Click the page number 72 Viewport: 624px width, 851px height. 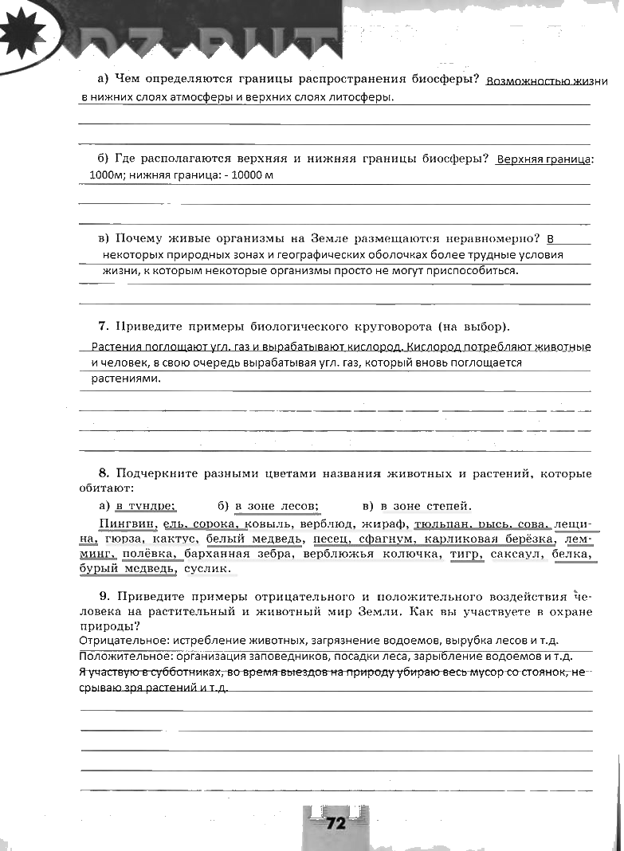336,823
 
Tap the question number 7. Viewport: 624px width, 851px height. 103,327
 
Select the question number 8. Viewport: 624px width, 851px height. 103,474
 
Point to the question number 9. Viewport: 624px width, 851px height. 104,596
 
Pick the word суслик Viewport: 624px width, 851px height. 207,569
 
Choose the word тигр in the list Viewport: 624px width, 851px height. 466,554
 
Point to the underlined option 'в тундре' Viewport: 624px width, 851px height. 145,505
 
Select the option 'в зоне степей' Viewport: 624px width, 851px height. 426,505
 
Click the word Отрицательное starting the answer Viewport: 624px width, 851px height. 117,641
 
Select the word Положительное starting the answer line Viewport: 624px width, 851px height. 119,657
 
